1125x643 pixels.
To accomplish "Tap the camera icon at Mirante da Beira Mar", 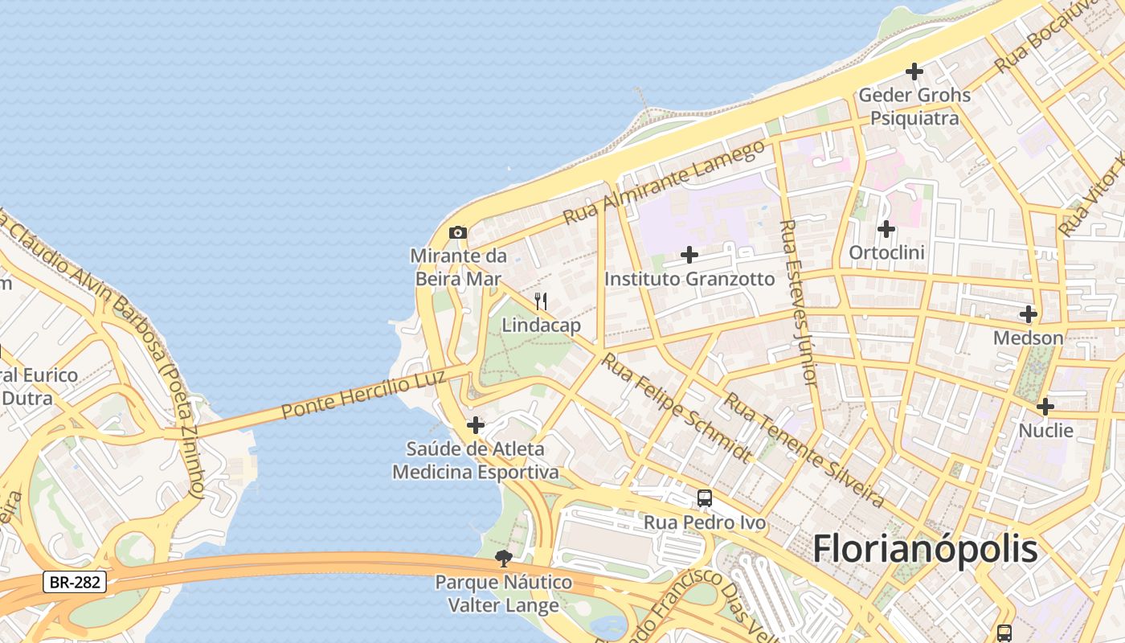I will [458, 233].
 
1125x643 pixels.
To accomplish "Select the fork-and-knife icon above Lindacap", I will [541, 301].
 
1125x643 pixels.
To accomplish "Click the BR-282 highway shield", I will [75, 582].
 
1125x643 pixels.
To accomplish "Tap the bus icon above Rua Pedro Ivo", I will [705, 498].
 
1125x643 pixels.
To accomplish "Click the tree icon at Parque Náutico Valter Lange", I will [504, 558].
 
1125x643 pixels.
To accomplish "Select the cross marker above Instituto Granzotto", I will [689, 255].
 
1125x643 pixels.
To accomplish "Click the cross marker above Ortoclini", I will [886, 229].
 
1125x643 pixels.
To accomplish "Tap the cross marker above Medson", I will [1029, 314].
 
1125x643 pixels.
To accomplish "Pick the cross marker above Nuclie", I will [1045, 407].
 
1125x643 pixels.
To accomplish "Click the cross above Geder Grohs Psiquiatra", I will [914, 72].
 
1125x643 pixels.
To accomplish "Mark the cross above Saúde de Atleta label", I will [476, 424].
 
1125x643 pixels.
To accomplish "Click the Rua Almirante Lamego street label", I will [664, 183].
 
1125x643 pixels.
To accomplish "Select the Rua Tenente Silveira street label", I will [804, 450].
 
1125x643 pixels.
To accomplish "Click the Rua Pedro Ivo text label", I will [705, 523].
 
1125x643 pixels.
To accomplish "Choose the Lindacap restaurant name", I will [541, 326].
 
